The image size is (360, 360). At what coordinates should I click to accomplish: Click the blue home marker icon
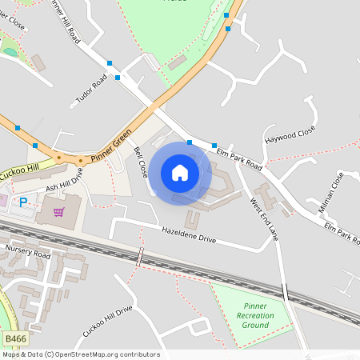coord(180,173)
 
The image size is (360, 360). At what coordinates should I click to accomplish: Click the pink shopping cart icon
coord(58,212)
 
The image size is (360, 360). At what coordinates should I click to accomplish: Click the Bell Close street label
coord(142,162)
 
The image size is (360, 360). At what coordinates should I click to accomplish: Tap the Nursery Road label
coord(28,253)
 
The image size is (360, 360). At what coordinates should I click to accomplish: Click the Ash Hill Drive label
coord(64,182)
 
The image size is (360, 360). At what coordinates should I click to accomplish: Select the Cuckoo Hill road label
coord(18,171)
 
